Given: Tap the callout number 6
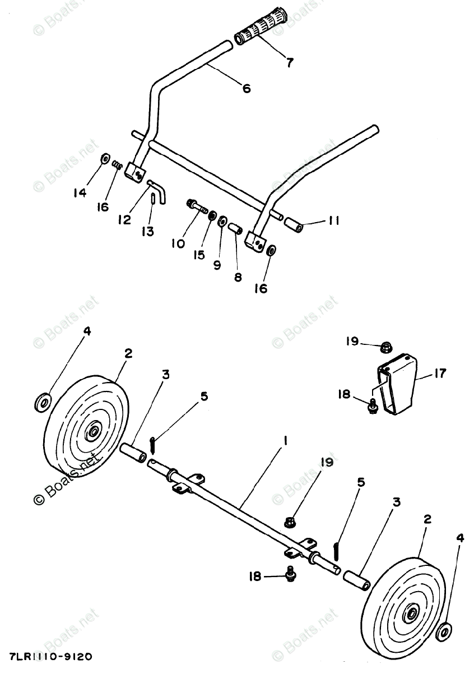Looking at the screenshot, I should [246, 88].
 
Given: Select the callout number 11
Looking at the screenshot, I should [333, 221].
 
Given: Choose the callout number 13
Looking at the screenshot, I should [147, 232].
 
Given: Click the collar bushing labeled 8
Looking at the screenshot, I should [235, 228].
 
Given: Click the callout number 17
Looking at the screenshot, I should [440, 373].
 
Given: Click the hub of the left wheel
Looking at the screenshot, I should [92, 431].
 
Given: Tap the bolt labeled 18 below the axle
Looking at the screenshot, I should [290, 573].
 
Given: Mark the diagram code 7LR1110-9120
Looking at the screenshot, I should [52, 656].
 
